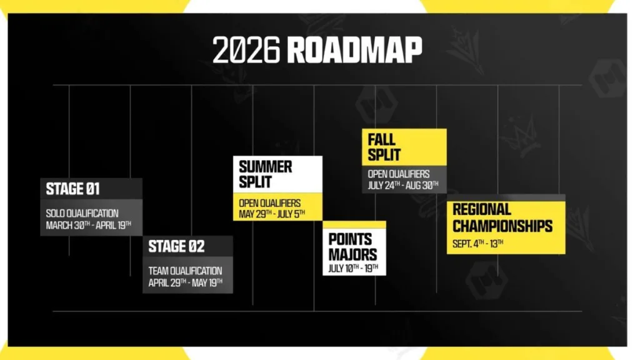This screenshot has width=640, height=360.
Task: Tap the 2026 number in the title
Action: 247,50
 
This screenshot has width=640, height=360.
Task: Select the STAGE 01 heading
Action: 72,189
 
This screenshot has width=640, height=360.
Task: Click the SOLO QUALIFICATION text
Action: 82,213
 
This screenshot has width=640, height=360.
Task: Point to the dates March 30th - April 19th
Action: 89,225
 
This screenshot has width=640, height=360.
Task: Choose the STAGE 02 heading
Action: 176,246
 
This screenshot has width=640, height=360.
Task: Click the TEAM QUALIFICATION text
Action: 185,271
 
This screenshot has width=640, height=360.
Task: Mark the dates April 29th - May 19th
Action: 186,282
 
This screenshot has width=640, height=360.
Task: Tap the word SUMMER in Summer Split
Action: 266,167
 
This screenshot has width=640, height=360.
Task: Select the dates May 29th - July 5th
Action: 272,214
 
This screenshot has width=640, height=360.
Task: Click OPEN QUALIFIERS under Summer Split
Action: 270,203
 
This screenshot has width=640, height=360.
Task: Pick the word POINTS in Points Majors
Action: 350,239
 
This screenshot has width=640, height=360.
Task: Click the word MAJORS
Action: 352,254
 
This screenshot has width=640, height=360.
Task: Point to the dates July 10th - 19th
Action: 354,269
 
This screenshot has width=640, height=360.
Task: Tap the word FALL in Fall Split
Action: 381,139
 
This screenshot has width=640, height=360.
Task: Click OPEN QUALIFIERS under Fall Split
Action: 399,174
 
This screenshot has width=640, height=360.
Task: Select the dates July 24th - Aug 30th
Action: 403,185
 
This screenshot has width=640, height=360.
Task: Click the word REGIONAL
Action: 482,209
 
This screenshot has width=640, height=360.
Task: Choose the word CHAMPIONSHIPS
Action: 502,226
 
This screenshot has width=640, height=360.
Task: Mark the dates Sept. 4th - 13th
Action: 478,244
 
